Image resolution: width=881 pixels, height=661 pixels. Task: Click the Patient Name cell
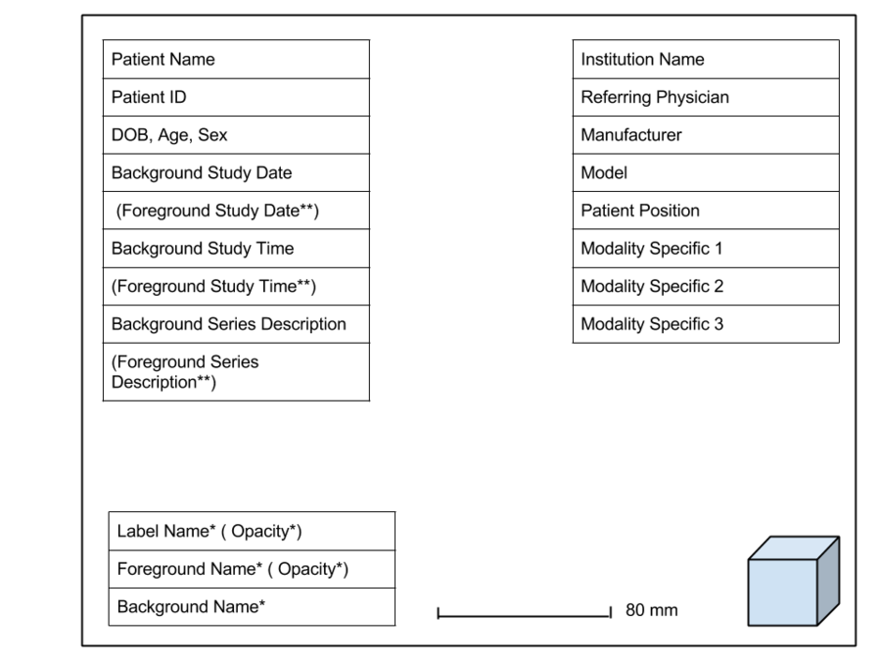(236, 60)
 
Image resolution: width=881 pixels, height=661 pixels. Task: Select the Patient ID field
(236, 97)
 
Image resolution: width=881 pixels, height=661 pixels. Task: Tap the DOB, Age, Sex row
(236, 135)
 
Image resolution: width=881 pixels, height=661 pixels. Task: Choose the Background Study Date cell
(236, 173)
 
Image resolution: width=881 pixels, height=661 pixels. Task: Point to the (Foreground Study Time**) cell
(236, 287)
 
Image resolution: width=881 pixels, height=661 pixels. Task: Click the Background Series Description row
(236, 324)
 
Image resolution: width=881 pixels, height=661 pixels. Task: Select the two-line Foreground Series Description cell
(236, 372)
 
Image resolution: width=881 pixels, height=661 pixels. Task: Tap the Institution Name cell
(705, 60)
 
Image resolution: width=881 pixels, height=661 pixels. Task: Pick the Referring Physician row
(705, 97)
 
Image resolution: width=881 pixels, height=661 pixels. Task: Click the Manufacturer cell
(705, 135)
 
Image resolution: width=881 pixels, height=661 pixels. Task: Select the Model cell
(705, 173)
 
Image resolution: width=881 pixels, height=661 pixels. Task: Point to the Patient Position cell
(705, 211)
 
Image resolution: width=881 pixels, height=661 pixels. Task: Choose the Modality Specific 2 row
(705, 287)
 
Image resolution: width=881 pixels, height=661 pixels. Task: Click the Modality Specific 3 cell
(705, 324)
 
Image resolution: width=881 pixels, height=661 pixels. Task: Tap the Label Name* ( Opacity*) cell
(252, 532)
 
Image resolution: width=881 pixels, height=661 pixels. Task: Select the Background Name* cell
(252, 607)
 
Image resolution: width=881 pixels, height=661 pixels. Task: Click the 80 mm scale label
(651, 610)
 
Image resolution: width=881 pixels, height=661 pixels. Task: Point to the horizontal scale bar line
(524, 616)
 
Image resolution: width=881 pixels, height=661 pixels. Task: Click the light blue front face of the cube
(782, 592)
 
